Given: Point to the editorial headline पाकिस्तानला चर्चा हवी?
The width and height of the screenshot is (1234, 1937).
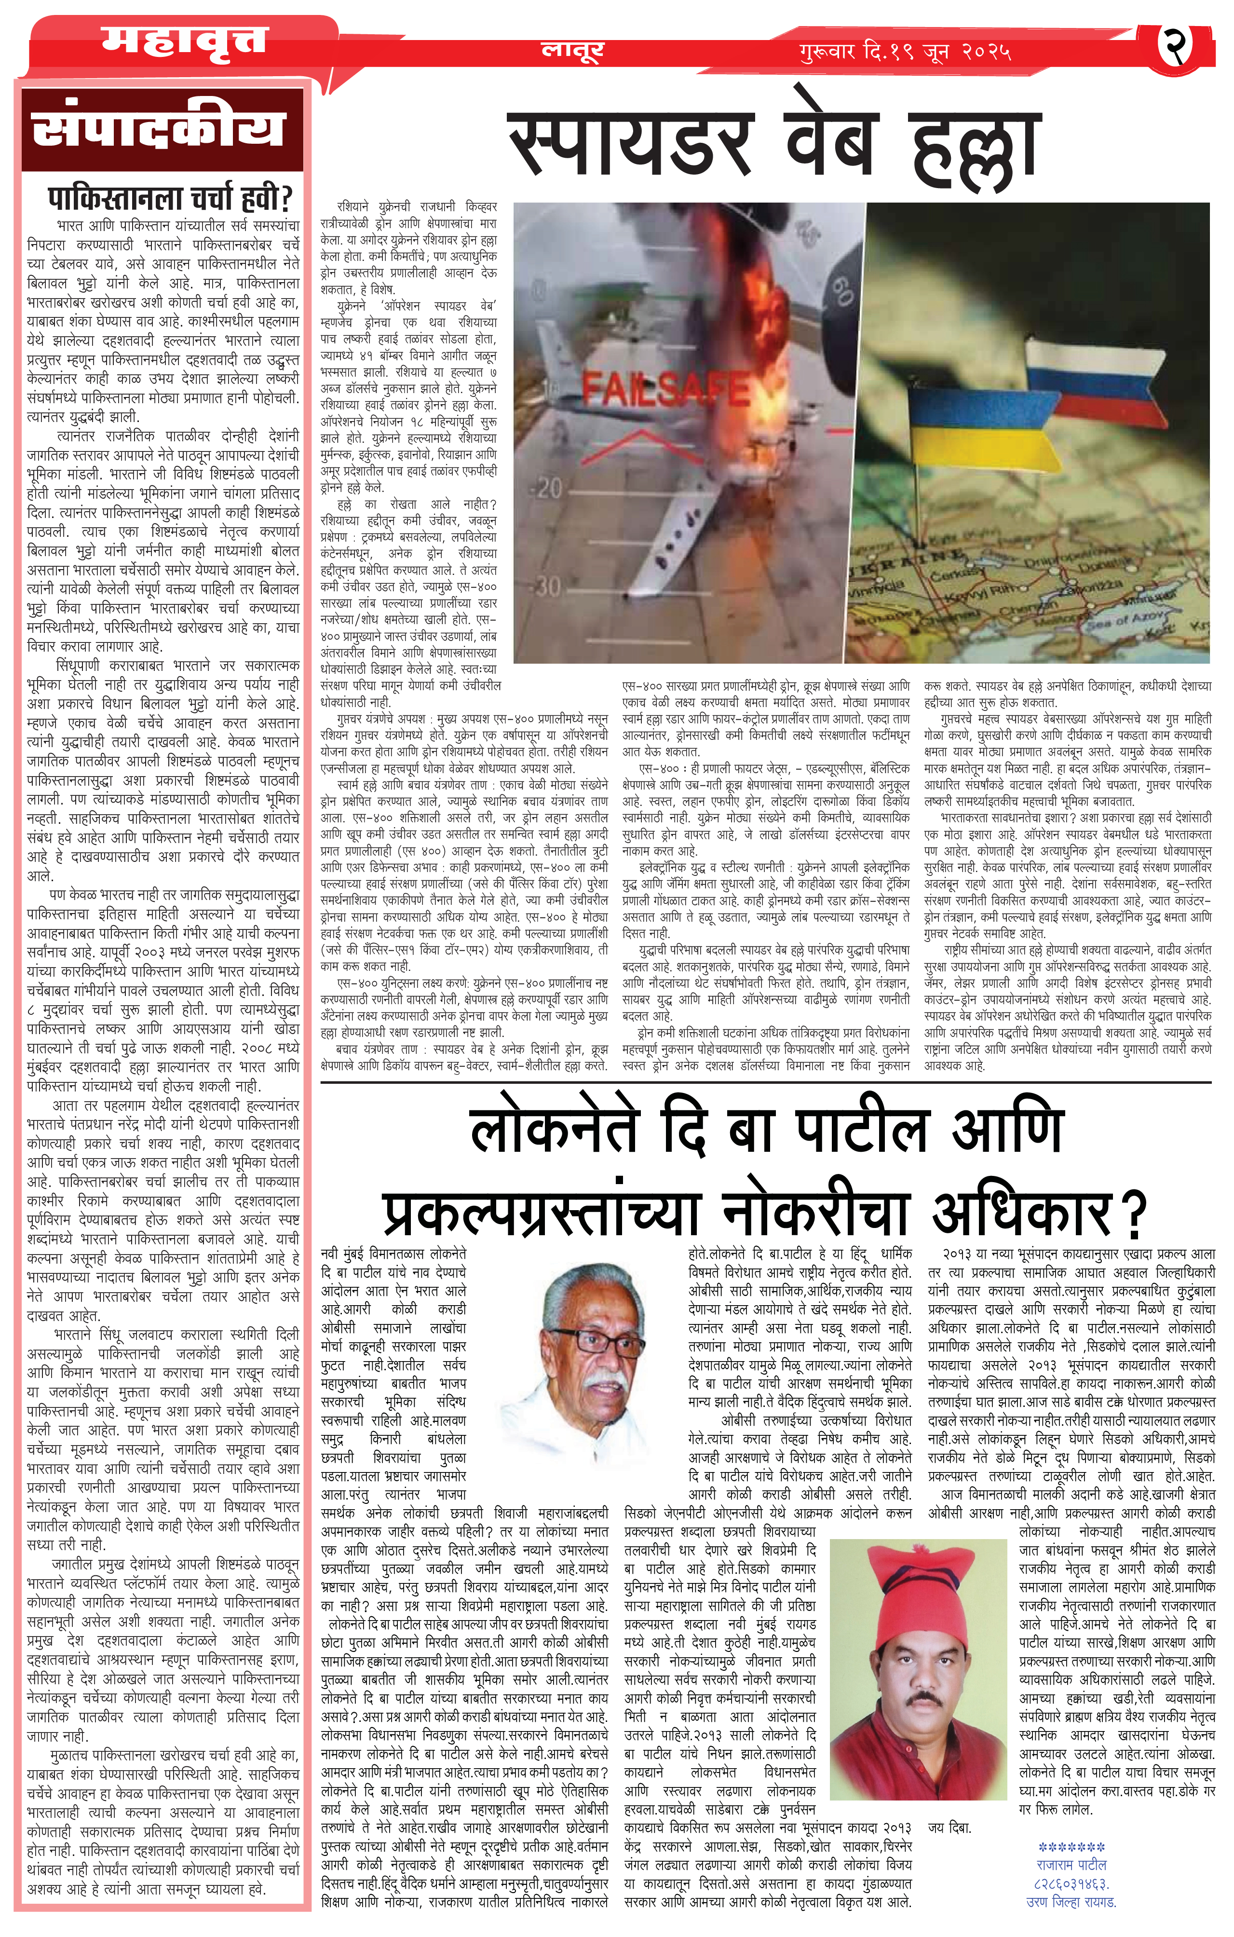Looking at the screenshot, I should pos(171,197).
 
